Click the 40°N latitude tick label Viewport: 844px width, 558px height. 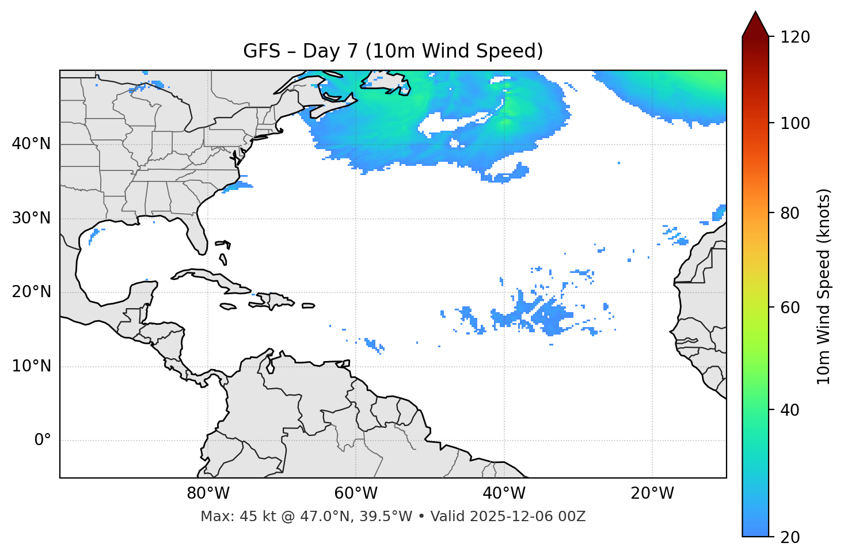pos(31,144)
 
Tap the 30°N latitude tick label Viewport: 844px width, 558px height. pos(31,218)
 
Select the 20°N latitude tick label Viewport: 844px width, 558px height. pos(31,292)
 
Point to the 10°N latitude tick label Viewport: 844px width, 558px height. pos(31,366)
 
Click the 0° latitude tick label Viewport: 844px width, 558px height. pos(43,441)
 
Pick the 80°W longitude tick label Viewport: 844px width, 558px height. pos(208,494)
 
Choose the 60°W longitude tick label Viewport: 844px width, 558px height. pos(356,494)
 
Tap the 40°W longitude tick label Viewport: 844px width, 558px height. pos(504,494)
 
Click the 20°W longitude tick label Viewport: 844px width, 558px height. pos(652,494)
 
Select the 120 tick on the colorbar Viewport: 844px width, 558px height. pos(795,37)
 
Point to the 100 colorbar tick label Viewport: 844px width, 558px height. pos(795,123)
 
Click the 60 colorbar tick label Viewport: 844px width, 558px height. pos(790,308)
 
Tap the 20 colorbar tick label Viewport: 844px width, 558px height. pos(790,537)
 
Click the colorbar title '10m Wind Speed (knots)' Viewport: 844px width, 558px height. pos(824,286)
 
